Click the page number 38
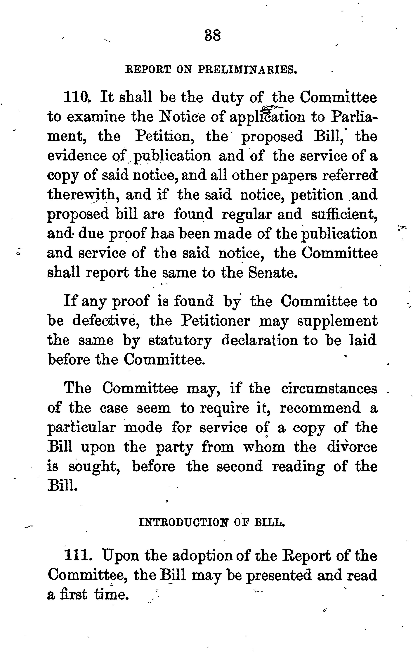213,36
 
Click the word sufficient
344,214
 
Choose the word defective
106,321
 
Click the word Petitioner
215,321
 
